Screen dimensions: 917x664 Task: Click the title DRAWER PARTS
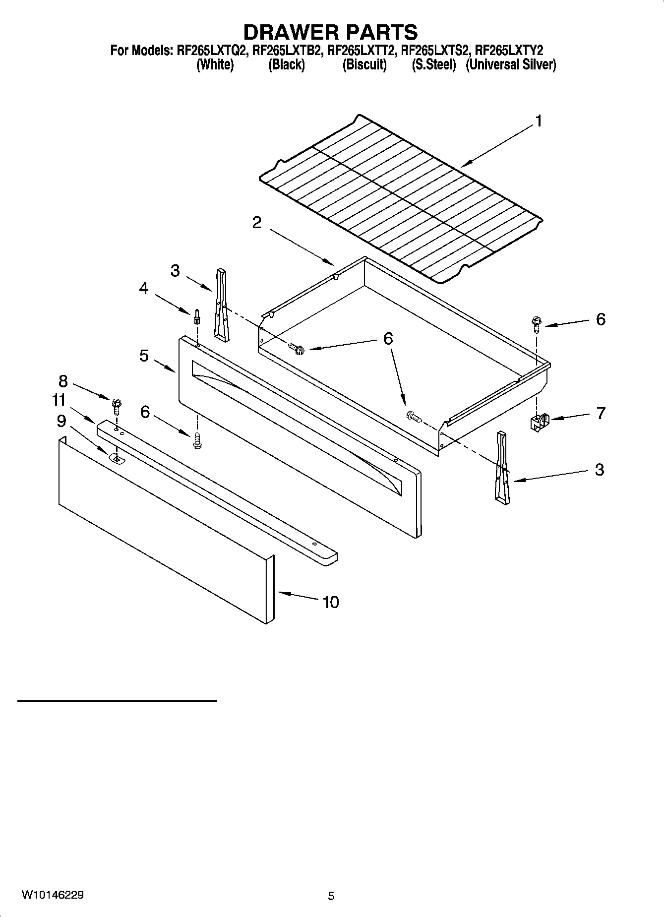point(330,32)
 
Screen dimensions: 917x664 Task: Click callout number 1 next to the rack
point(538,121)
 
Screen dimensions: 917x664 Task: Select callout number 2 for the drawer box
point(256,223)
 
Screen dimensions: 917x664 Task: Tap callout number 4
point(143,288)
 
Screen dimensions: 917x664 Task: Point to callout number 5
point(144,356)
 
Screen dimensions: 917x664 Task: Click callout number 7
point(601,413)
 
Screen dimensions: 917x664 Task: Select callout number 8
point(63,381)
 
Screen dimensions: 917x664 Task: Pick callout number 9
point(61,421)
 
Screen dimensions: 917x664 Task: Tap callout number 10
point(331,602)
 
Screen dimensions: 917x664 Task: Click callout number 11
point(59,400)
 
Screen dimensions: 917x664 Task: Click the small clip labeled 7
point(538,423)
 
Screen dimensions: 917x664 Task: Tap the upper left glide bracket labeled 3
point(221,305)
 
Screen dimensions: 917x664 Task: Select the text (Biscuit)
point(364,65)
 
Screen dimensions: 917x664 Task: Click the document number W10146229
point(52,895)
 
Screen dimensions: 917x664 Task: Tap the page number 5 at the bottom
point(331,896)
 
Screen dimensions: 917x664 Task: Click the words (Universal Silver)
point(511,65)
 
